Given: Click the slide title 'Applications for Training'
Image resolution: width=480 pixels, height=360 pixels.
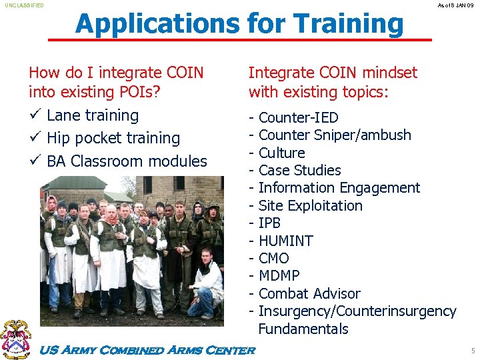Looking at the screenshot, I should pos(239,24).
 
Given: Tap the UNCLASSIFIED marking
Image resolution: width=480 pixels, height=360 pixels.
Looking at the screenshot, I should pos(25,5).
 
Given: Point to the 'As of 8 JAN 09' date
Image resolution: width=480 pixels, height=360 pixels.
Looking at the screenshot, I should pos(456,5).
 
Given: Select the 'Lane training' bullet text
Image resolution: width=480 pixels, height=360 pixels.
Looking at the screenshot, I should pos(93,115).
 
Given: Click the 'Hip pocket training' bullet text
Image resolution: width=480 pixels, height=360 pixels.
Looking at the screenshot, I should pos(113,138).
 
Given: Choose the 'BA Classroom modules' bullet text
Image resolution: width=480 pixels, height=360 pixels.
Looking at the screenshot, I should pos(127,161).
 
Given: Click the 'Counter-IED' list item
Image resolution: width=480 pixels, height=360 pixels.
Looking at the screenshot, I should pos(298,118).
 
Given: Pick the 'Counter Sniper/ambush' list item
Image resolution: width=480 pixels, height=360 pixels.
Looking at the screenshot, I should pos(334,135).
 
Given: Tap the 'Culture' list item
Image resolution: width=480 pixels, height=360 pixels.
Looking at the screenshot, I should pos(281,153).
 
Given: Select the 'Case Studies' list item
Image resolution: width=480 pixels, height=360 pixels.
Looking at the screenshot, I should pos(299,171).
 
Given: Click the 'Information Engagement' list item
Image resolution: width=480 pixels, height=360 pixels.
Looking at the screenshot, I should pos(339,188).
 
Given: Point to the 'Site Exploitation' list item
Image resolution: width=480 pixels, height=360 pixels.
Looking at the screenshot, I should pos(310,205).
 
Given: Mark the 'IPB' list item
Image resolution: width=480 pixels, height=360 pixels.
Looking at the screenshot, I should pos(269,223).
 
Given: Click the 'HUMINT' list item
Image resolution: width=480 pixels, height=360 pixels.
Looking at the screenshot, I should pos(285,241).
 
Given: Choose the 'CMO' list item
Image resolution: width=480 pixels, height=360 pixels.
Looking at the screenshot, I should pos(273,258).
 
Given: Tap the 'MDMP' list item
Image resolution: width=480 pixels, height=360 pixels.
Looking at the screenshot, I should pos(279,275).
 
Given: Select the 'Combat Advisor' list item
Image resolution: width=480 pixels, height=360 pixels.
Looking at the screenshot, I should pos(309,293).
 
